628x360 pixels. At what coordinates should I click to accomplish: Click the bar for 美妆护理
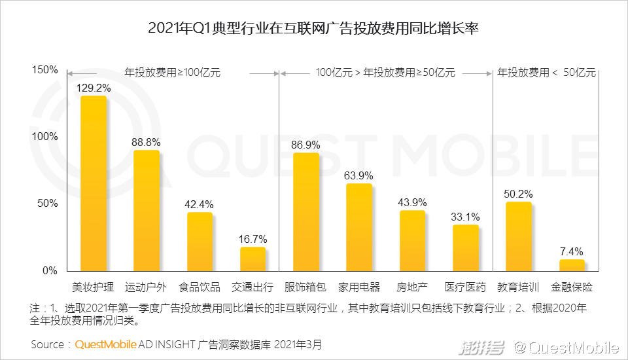point(93,183)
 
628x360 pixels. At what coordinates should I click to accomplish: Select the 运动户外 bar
point(147,210)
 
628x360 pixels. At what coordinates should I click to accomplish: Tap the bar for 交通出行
point(253,259)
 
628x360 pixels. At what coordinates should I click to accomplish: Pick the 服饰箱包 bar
point(305,211)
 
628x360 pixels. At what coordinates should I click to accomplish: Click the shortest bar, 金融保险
point(572,265)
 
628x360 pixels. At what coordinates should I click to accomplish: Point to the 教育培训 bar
point(519,236)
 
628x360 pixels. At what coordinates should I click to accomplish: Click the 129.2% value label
point(94,87)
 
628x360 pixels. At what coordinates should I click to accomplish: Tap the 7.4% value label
point(572,251)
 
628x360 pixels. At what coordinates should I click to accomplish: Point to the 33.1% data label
point(466,217)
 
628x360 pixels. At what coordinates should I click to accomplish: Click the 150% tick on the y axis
point(45,69)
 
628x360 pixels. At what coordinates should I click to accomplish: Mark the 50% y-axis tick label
point(48,204)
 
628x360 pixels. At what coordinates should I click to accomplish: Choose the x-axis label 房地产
point(412,287)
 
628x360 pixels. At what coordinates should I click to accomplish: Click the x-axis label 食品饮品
point(200,287)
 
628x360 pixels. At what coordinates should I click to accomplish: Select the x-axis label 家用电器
point(359,287)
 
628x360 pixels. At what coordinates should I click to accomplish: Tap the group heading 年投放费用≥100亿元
point(173,73)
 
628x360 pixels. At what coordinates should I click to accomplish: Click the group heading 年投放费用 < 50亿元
point(546,73)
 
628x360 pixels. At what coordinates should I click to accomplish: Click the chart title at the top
point(314,29)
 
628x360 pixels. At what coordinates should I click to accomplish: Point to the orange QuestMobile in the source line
point(106,344)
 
